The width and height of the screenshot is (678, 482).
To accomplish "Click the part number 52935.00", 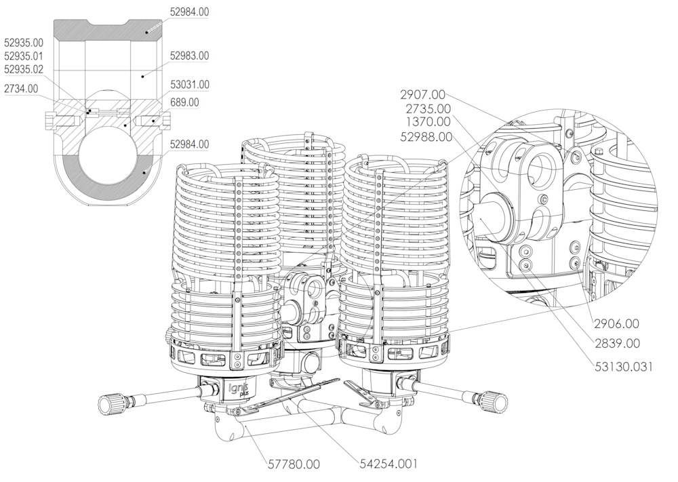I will pos(24,42).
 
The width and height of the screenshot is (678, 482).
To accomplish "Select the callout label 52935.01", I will pos(24,56).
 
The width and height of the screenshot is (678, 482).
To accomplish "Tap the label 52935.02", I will pos(24,69).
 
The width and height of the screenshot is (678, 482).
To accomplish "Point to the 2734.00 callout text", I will pos(21,88).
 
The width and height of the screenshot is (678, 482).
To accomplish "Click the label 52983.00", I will pos(189,56).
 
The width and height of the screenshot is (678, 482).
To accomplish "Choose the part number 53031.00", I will pos(189,85).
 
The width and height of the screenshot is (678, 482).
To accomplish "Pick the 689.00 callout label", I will pos(184,102).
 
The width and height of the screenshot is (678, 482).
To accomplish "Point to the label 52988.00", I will pos(425,136).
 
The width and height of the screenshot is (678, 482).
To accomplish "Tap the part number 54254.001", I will pos(388,464).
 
